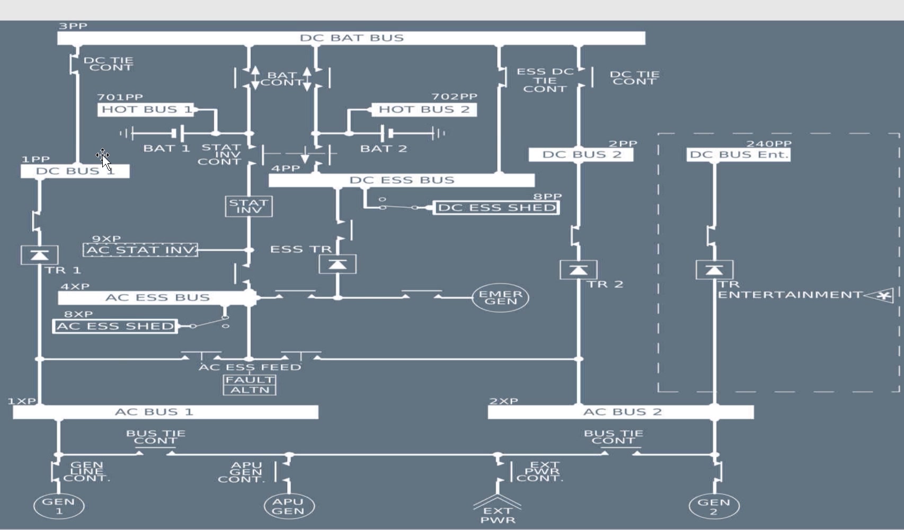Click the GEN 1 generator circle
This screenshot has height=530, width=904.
pyautogui.click(x=59, y=506)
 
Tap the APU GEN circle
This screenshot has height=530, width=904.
pyautogui.click(x=289, y=506)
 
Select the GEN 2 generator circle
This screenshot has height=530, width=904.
pyautogui.click(x=714, y=507)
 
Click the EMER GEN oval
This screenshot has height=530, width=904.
pyautogui.click(x=500, y=297)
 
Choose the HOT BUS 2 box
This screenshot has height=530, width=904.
pyautogui.click(x=424, y=110)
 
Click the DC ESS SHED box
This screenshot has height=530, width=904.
pyautogui.click(x=497, y=208)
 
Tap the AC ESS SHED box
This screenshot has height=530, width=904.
pyautogui.click(x=115, y=326)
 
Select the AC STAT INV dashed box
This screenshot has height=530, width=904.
pyautogui.click(x=140, y=250)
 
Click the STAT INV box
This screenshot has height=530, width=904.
pyautogui.click(x=249, y=206)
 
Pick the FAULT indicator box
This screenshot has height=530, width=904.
pyautogui.click(x=250, y=380)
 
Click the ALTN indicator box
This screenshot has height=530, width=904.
pyautogui.click(x=250, y=390)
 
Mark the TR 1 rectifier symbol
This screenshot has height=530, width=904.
pyautogui.click(x=39, y=255)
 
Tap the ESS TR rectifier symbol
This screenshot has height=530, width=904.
pyautogui.click(x=338, y=264)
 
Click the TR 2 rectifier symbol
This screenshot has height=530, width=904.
pyautogui.click(x=578, y=270)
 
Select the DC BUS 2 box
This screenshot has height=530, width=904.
pyautogui.click(x=581, y=155)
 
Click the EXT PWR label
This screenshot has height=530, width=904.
pyautogui.click(x=498, y=515)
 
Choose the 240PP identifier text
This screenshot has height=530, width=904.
pyautogui.click(x=769, y=144)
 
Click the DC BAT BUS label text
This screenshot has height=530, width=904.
pyautogui.click(x=352, y=38)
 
